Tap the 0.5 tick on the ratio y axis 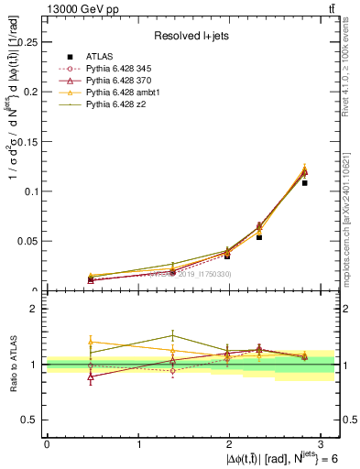(33, 420)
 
